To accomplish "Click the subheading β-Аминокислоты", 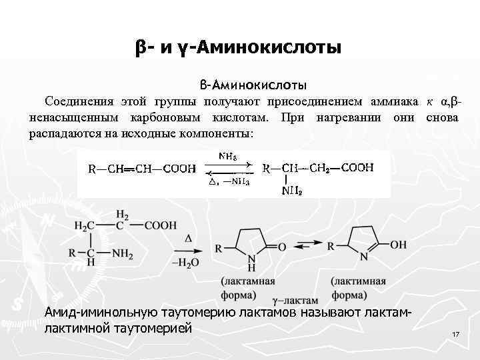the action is pyautogui.click(x=253, y=85).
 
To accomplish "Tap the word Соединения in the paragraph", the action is pyautogui.click(x=76, y=102).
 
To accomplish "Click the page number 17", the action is pyautogui.click(x=456, y=333).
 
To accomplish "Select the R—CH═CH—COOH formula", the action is pyautogui.click(x=143, y=169).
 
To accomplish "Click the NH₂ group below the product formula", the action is pyautogui.click(x=291, y=191).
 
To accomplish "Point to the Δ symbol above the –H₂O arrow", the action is pyautogui.click(x=188, y=238).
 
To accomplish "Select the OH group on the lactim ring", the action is pyautogui.click(x=397, y=245).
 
